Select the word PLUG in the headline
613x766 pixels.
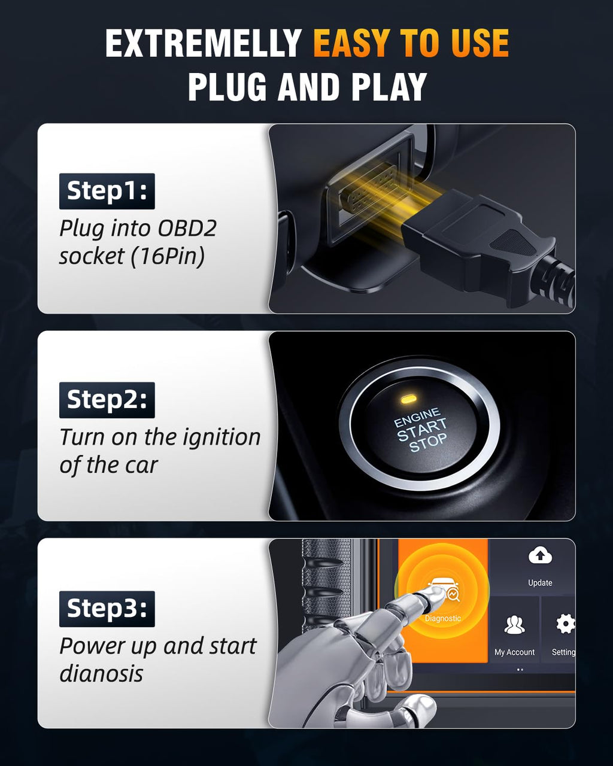[227, 86]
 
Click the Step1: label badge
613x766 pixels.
[107, 191]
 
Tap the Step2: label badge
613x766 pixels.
[107, 400]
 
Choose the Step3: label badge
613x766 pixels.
[107, 609]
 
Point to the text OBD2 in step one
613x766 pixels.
[187, 228]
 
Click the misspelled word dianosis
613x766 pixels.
[102, 673]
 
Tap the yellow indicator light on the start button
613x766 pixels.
[408, 399]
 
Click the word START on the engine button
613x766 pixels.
[421, 430]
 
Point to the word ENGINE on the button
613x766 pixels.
[417, 418]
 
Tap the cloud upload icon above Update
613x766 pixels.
[540, 555]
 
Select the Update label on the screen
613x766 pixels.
[540, 583]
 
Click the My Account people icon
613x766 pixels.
[514, 625]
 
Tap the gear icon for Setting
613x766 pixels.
[566, 624]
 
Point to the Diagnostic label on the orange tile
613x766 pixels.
[443, 618]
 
